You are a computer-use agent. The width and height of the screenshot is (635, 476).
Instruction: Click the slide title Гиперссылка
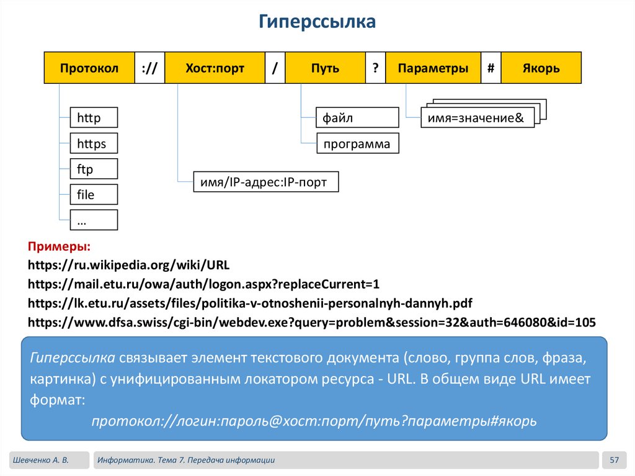[x=317, y=23]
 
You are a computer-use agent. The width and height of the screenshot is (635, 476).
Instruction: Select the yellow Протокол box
[x=89, y=68]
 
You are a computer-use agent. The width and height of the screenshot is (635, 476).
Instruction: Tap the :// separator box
[x=149, y=68]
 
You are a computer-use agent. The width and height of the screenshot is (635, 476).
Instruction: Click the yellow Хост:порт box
[x=215, y=68]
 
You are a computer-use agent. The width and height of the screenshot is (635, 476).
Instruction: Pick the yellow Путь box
[x=325, y=68]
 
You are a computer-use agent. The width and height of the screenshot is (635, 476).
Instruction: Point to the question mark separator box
[x=375, y=68]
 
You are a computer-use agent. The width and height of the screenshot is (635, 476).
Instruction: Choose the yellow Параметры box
[x=433, y=68]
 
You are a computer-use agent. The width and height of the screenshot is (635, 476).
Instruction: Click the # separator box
[x=491, y=68]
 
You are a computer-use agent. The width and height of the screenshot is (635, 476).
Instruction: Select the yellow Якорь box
[x=541, y=68]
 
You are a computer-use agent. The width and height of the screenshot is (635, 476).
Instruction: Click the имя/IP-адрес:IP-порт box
[x=266, y=182]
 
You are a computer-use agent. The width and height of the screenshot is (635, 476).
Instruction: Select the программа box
[x=358, y=144]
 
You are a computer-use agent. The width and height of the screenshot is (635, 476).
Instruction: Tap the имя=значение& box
[x=477, y=118]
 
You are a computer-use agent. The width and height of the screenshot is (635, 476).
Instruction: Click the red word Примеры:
[x=60, y=247]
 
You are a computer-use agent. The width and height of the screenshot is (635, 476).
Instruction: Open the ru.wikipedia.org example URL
[x=129, y=266]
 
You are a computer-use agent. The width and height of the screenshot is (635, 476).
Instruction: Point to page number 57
[x=615, y=460]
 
